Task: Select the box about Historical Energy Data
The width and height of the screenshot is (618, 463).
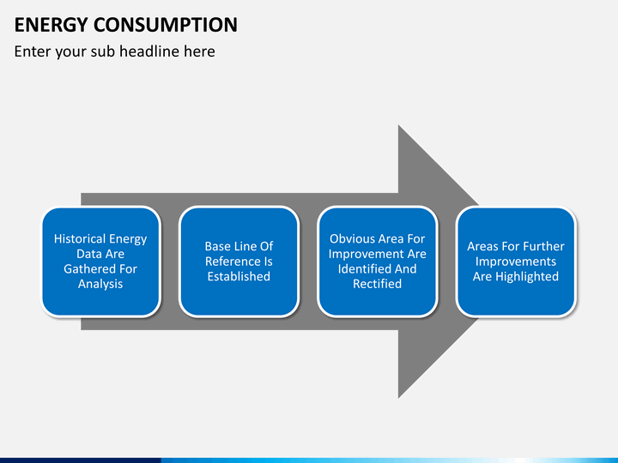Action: (100, 262)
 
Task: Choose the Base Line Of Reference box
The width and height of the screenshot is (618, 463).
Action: (239, 262)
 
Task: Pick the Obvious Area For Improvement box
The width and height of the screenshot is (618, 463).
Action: (378, 262)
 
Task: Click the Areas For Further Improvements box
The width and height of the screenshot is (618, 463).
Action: (516, 262)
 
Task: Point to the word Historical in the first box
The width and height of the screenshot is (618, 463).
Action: (79, 239)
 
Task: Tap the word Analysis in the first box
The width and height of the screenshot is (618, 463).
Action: (100, 284)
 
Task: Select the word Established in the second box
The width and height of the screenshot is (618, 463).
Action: (239, 276)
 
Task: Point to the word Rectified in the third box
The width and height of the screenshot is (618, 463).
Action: (378, 284)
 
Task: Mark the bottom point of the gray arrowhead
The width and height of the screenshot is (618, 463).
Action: (399, 396)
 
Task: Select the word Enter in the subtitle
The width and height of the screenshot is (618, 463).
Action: (32, 51)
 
